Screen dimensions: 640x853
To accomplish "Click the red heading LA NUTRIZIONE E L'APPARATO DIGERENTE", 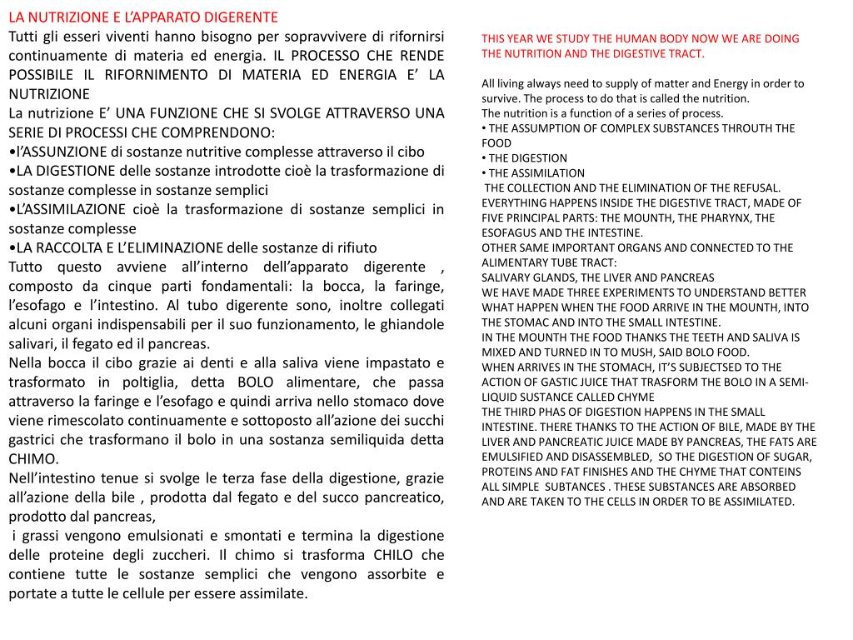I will (x=143, y=17).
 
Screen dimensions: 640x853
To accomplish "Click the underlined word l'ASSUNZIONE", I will (x=59, y=152).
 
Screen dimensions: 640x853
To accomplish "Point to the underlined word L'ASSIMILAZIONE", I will (x=70, y=209).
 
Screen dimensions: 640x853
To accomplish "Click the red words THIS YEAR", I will (x=506, y=38).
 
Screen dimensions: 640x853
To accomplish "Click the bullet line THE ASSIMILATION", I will (x=536, y=173).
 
